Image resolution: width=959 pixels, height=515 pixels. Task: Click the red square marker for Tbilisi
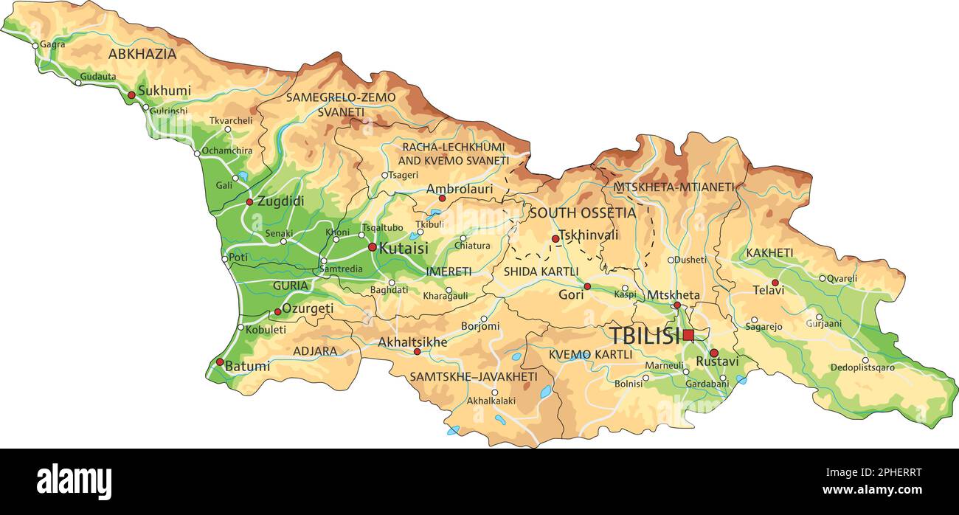[688, 335]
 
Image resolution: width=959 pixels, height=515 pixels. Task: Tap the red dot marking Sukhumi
[131, 95]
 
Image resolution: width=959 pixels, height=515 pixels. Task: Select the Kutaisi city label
[403, 248]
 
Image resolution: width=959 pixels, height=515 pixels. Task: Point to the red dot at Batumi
[220, 362]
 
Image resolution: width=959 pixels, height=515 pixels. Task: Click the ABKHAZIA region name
[142, 54]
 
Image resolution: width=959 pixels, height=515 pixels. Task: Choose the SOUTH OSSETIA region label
[582, 213]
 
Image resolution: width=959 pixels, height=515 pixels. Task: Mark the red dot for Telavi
[775, 283]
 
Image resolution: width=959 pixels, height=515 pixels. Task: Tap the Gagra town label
[52, 44]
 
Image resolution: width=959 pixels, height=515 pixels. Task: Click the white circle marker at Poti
[225, 259]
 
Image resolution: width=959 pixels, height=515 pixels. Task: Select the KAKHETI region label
[769, 253]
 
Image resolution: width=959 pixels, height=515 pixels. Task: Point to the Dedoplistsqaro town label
[862, 367]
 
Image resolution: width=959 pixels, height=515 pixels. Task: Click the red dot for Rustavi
[713, 353]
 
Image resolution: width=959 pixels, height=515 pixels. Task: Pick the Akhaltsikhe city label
[412, 342]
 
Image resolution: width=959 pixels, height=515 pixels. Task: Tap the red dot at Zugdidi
[249, 201]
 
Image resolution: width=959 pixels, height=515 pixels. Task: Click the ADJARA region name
[315, 351]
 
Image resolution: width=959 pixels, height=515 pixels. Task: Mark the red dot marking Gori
[587, 286]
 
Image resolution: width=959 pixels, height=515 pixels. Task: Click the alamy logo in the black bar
[74, 482]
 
